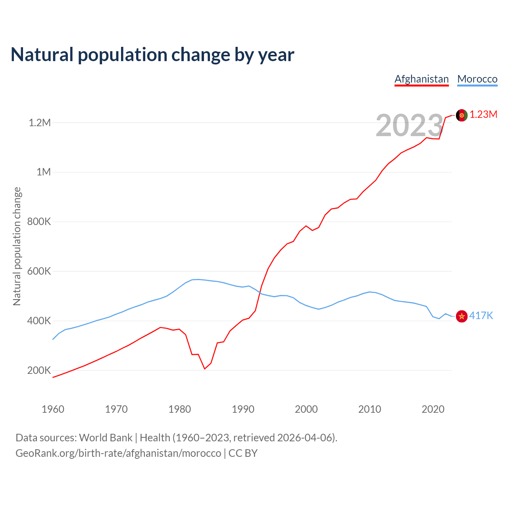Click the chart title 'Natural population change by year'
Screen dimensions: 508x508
coord(152,55)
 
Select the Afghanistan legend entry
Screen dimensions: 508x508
coord(421,79)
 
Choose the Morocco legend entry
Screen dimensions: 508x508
coord(477,79)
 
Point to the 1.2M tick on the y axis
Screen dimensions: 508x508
coord(40,123)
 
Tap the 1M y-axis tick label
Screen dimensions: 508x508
coord(44,172)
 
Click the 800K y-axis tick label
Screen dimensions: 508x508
coord(39,221)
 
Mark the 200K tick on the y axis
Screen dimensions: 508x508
coord(39,370)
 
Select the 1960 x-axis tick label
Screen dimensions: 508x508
coord(53,409)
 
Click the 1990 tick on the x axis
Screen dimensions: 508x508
coord(243,409)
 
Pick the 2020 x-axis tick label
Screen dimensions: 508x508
coord(433,409)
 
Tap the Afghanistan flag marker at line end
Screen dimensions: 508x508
coord(462,115)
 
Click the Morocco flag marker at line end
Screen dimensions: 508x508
coord(462,316)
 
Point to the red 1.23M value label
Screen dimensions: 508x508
coord(483,115)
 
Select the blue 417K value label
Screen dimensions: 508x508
coord(481,316)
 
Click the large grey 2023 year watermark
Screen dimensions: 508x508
coord(409,125)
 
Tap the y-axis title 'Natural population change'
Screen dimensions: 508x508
coord(17,246)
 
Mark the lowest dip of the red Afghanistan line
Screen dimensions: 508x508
coord(205,369)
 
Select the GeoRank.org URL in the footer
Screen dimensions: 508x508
coord(118,453)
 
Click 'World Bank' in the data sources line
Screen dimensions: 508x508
coord(106,437)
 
